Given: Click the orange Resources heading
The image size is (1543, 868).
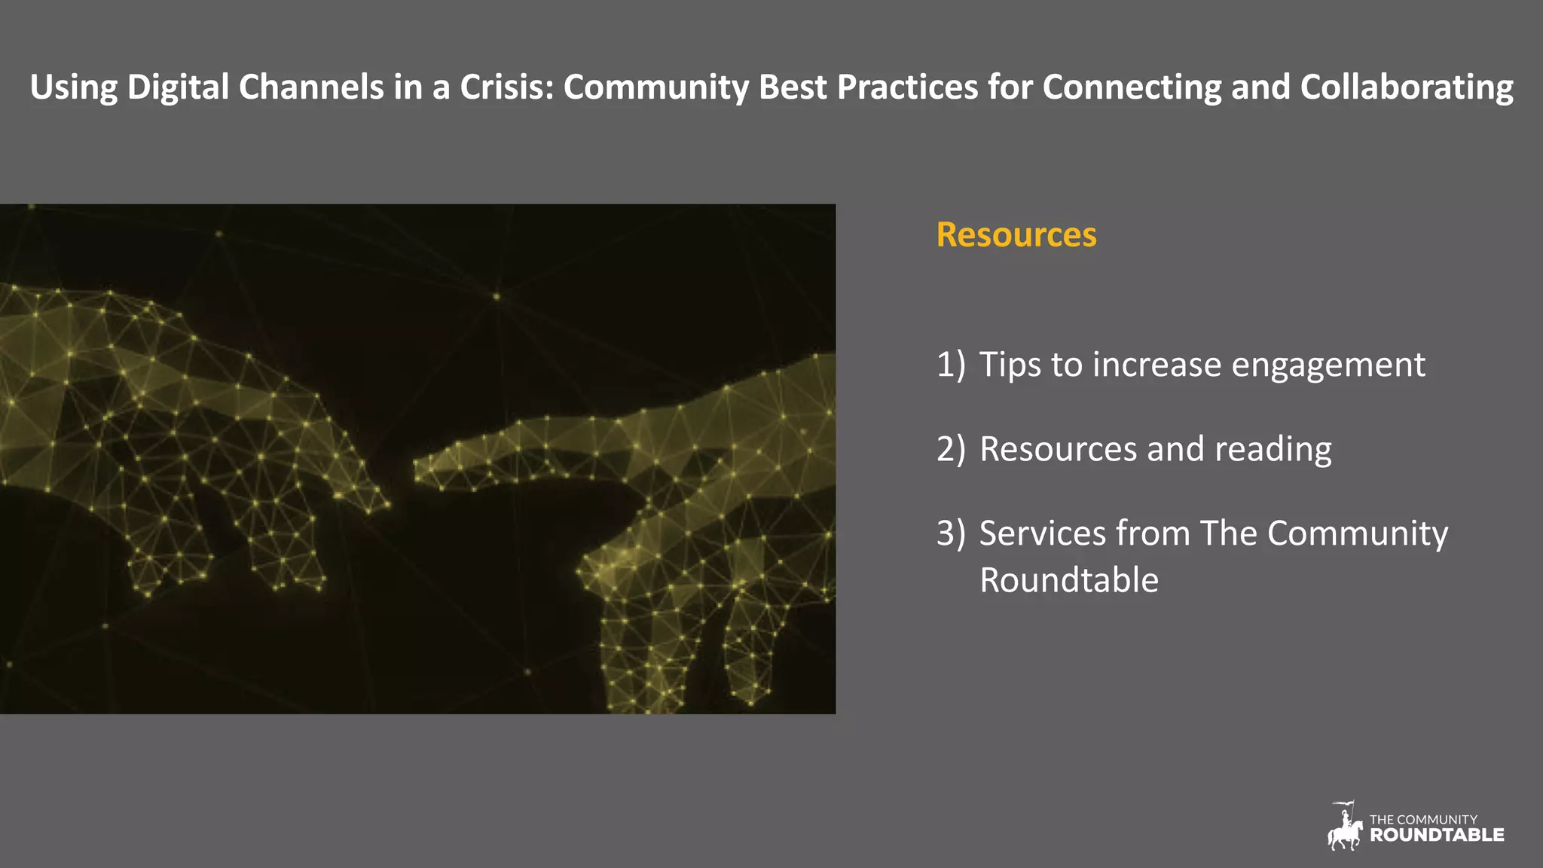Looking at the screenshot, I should click(1016, 234).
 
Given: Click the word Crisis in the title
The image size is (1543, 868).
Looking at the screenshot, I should click(506, 87).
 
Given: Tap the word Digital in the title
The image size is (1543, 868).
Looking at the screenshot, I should click(178, 87).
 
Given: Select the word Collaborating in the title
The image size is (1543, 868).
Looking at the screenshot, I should click(1407, 87).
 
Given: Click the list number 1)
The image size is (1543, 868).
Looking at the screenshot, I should click(950, 365).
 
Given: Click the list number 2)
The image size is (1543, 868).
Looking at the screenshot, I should click(950, 449).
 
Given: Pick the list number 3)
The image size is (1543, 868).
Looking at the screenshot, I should click(950, 533).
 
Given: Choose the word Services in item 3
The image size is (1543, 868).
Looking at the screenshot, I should click(1042, 533).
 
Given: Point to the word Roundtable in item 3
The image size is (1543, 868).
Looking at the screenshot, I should click(1068, 580).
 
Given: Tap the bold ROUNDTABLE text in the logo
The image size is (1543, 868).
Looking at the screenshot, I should click(1436, 835).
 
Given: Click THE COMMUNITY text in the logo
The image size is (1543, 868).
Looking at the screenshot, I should click(1422, 819).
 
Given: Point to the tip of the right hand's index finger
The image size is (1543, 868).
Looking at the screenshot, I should click(417, 473).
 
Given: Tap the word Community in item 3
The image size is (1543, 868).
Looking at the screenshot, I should click(1357, 533).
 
